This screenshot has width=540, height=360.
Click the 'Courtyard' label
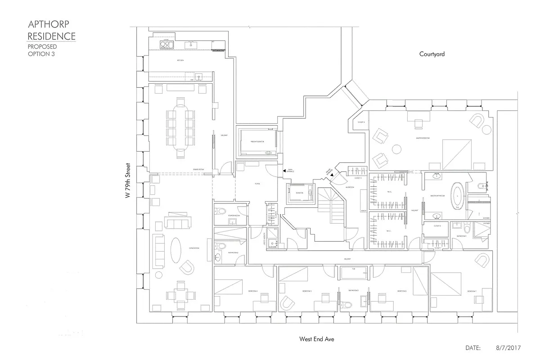click(x=432, y=54)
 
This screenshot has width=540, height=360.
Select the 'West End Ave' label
click(x=317, y=339)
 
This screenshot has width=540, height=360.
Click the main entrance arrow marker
click(x=284, y=171)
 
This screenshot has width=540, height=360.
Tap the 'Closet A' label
click(x=361, y=122)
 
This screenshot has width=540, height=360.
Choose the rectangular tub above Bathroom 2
click(x=354, y=274)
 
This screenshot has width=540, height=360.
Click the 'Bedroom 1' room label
click(x=472, y=291)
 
